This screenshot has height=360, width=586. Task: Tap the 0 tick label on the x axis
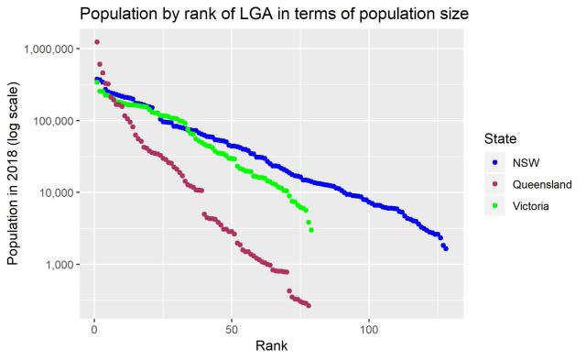pos(94,327)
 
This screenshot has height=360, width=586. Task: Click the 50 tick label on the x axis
pos(233,327)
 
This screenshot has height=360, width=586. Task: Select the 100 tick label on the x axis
pos(370,327)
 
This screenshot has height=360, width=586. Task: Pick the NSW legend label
pos(526,162)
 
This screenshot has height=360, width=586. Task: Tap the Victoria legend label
pos(531,206)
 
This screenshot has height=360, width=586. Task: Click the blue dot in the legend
pos(495,162)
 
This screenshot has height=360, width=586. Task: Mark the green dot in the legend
pos(495,206)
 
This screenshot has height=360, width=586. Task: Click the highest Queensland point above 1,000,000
pos(97,42)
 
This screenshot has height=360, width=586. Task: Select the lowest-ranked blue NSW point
pos(446,248)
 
